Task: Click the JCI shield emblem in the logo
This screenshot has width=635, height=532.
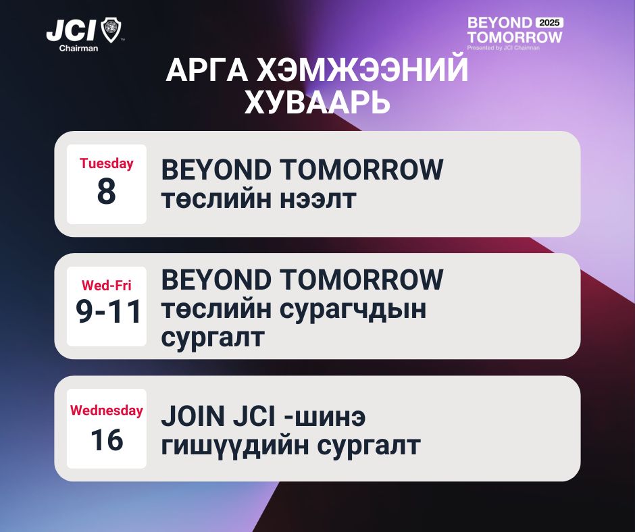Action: pyautogui.click(x=111, y=30)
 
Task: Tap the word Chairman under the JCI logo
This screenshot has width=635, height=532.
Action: pyautogui.click(x=78, y=48)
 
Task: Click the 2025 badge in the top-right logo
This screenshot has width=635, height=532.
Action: pyautogui.click(x=550, y=23)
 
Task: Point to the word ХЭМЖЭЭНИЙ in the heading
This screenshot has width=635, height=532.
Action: pyautogui.click(x=363, y=70)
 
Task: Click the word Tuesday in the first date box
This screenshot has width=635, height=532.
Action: pyautogui.click(x=107, y=163)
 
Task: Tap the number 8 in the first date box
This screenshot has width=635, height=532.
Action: pyautogui.click(x=107, y=191)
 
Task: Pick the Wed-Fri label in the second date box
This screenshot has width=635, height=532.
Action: pyautogui.click(x=107, y=286)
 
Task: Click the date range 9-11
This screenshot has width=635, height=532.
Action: pyautogui.click(x=108, y=312)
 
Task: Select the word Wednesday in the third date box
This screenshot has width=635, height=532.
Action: pyautogui.click(x=107, y=410)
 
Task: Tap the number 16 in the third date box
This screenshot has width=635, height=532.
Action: pyautogui.click(x=107, y=440)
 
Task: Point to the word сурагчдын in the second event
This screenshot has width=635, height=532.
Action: pyautogui.click(x=353, y=310)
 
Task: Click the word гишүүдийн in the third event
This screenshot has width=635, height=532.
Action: pyautogui.click(x=235, y=446)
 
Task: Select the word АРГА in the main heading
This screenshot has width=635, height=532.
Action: pyautogui.click(x=207, y=70)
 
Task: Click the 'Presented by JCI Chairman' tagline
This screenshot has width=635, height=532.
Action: pyautogui.click(x=503, y=48)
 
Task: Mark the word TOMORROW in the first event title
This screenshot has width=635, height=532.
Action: pyautogui.click(x=361, y=169)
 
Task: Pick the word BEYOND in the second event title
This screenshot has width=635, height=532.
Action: pyautogui.click(x=216, y=280)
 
